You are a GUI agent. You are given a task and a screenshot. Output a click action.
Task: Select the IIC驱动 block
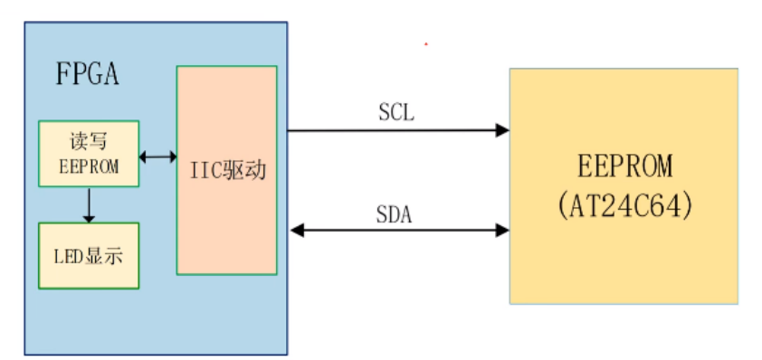coord(227,169)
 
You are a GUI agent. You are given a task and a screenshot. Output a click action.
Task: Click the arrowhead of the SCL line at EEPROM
coord(502,130)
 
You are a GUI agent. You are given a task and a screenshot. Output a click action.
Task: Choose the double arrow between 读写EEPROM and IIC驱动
coord(158,156)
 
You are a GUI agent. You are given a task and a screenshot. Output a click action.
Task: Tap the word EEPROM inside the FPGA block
coord(89,166)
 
